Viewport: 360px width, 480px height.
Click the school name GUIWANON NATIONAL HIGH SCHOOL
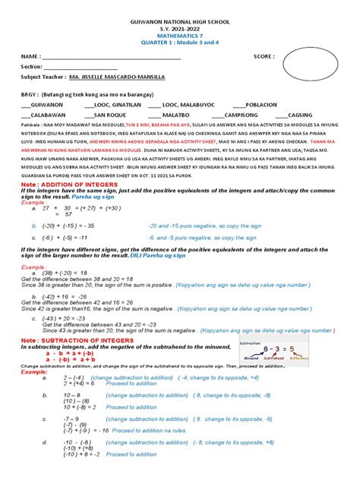tap(180, 15)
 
